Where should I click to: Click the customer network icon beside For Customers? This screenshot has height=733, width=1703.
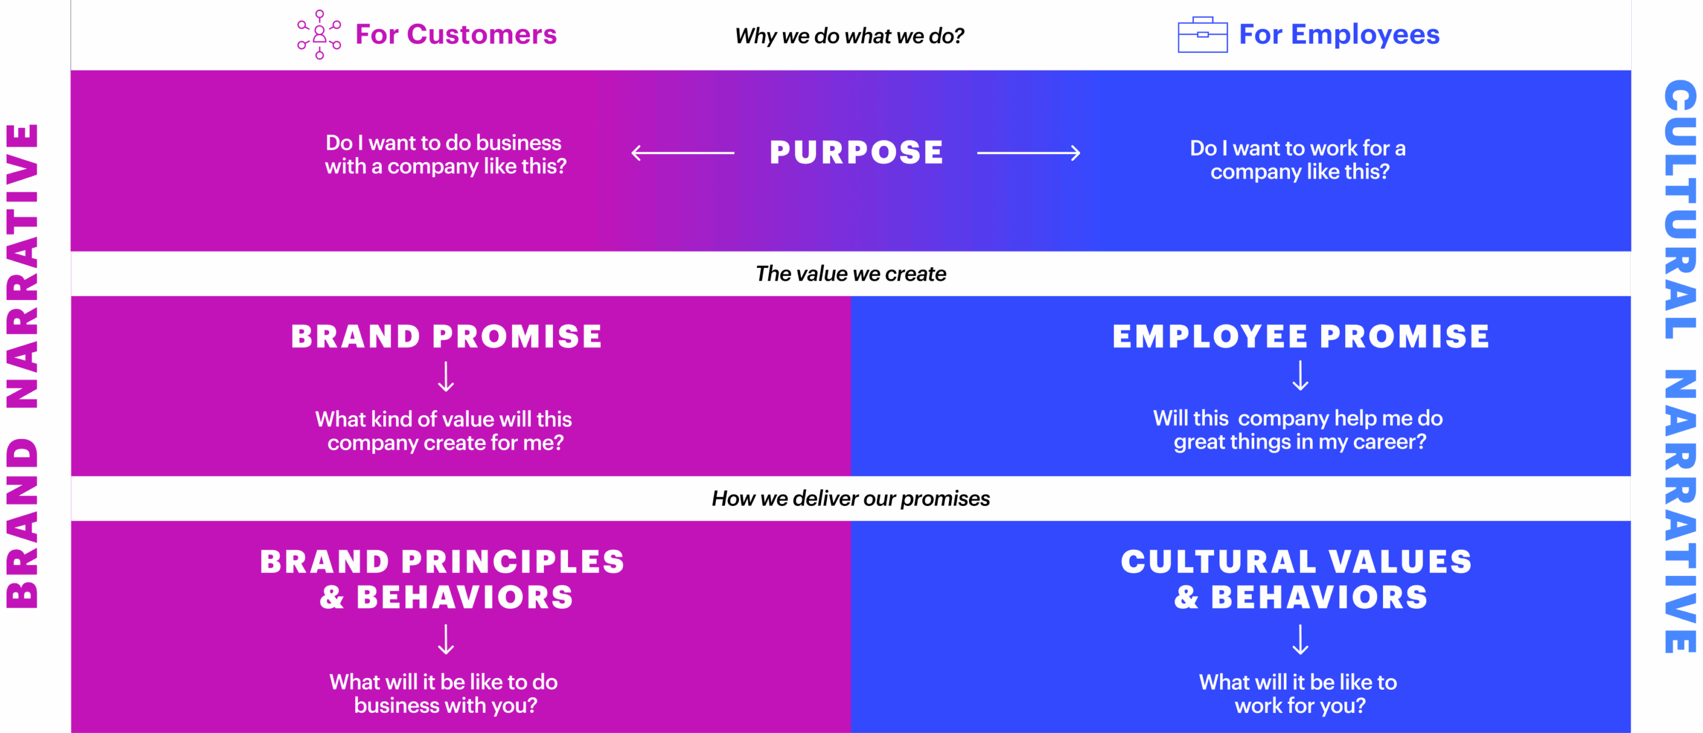point(319,35)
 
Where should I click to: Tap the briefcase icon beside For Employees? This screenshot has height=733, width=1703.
point(1202,35)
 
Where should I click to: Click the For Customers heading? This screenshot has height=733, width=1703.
point(456,35)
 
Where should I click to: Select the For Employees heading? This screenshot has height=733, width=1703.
point(1339,35)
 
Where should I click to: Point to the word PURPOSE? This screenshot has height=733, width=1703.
point(857,153)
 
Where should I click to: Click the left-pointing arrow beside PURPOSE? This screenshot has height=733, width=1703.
point(683,153)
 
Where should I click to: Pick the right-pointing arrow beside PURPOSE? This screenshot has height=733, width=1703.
point(1028,153)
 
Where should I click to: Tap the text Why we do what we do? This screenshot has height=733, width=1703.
point(850,36)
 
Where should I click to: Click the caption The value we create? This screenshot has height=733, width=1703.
point(851,273)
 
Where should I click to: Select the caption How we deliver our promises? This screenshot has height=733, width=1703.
point(851,498)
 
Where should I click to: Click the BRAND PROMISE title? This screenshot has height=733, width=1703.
point(447,336)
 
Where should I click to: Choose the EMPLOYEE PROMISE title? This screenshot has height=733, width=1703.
point(1300,336)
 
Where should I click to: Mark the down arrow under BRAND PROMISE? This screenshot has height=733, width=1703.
point(446,376)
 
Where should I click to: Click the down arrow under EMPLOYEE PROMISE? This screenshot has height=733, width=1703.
point(1300,376)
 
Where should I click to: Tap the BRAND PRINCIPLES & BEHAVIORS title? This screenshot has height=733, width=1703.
point(443,580)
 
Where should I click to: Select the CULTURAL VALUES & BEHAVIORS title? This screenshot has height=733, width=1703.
point(1297,580)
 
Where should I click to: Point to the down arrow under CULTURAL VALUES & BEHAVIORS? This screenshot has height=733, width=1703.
point(1300,640)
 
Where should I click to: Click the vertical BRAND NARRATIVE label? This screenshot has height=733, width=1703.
point(22,366)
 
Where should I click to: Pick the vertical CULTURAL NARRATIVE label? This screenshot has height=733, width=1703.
point(1680,366)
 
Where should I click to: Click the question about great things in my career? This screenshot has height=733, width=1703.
point(1299,430)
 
